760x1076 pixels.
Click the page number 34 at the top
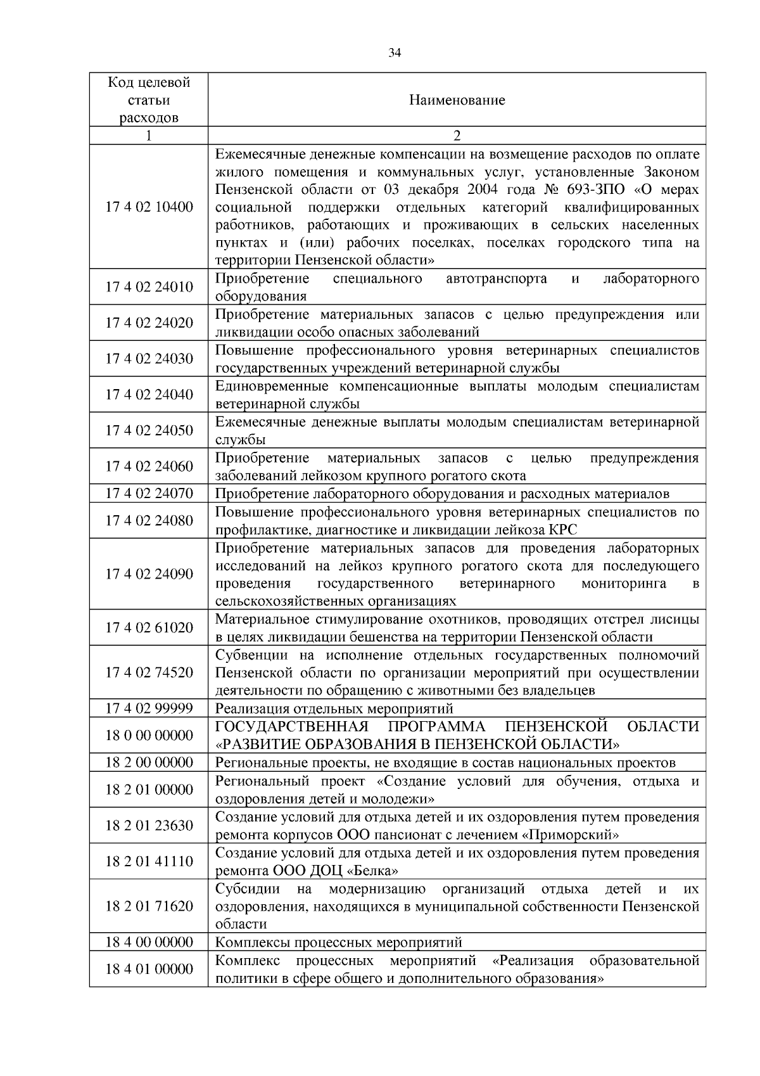(x=394, y=54)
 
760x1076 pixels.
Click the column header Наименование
(x=457, y=100)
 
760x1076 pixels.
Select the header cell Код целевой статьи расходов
(x=149, y=100)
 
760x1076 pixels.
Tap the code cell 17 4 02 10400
(x=149, y=207)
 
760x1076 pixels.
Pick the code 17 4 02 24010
(x=149, y=287)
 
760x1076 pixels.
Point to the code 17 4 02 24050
(x=149, y=430)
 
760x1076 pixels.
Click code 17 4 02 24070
(x=149, y=493)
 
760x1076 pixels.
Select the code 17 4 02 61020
(x=149, y=627)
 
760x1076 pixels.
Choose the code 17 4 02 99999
(x=149, y=708)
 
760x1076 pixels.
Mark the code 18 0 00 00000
(x=149, y=735)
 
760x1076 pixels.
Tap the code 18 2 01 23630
(x=149, y=825)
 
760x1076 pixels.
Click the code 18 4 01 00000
(x=149, y=968)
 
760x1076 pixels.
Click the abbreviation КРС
(x=563, y=530)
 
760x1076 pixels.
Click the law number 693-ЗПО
(x=593, y=190)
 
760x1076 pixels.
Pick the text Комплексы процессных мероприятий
(x=339, y=942)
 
